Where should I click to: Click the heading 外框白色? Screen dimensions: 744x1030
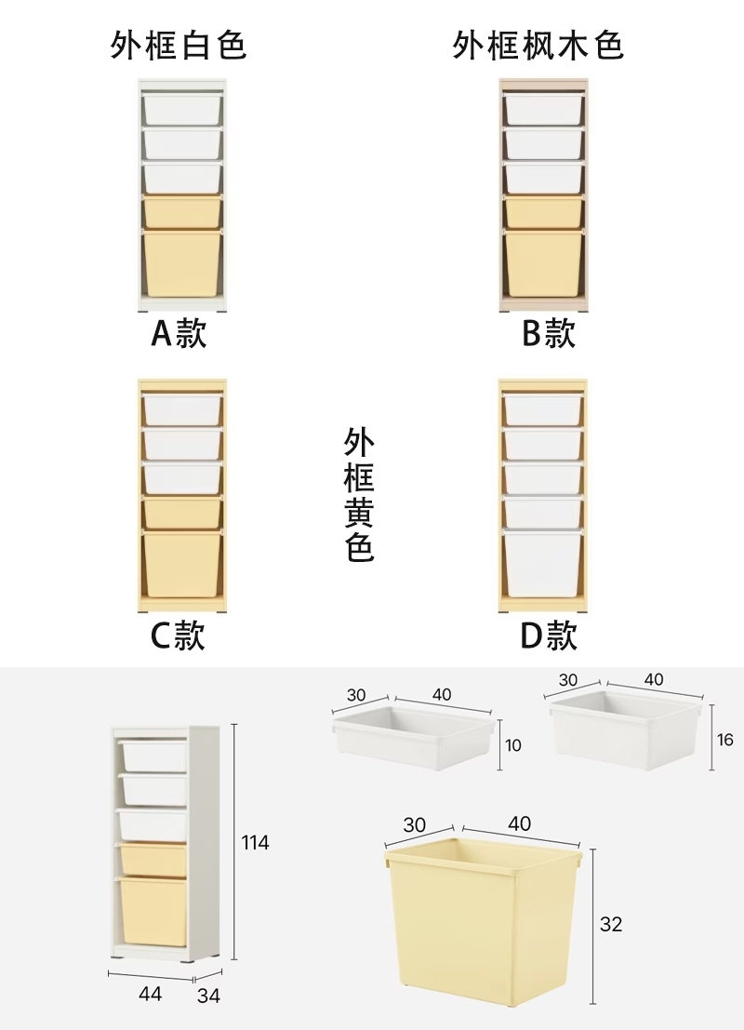point(179,45)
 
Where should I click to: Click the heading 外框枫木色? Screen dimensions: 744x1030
point(538,45)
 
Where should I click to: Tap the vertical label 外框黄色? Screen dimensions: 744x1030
point(360,494)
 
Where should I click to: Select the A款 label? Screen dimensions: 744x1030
point(179,332)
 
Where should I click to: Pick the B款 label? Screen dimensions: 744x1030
point(549,332)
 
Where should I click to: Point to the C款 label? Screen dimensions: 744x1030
point(178,636)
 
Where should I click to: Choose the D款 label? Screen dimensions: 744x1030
point(549,636)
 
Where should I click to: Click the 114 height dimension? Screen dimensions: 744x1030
point(255,843)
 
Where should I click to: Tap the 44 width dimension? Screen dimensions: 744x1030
point(150,995)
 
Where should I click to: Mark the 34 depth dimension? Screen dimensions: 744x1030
point(209,997)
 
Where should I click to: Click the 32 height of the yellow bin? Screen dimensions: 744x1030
point(611,925)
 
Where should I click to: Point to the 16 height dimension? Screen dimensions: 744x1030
point(725,740)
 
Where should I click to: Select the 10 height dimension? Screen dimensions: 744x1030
point(513,745)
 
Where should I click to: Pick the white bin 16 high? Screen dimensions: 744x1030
point(624,729)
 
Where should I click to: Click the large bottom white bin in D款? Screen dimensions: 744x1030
point(543,563)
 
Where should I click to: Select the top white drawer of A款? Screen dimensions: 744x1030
point(183,108)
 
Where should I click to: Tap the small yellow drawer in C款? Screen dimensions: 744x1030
point(182,514)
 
